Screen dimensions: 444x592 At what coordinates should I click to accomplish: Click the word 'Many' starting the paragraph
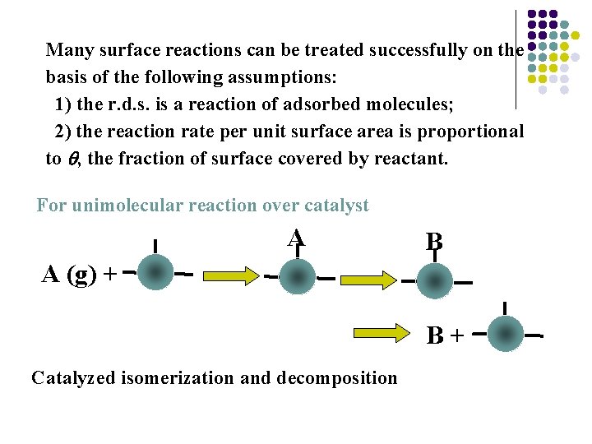pyautogui.click(x=69, y=51)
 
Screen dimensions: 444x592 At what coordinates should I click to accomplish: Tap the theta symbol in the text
pyautogui.click(x=74, y=160)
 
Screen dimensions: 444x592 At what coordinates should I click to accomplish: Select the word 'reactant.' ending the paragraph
pyautogui.click(x=415, y=159)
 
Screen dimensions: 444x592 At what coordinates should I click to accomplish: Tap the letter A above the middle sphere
pyautogui.click(x=296, y=238)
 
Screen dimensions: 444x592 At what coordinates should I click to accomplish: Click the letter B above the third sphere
pyautogui.click(x=434, y=242)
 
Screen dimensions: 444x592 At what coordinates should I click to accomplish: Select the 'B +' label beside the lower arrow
pyautogui.click(x=445, y=335)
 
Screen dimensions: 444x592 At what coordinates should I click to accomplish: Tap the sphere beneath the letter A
pyautogui.click(x=297, y=277)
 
